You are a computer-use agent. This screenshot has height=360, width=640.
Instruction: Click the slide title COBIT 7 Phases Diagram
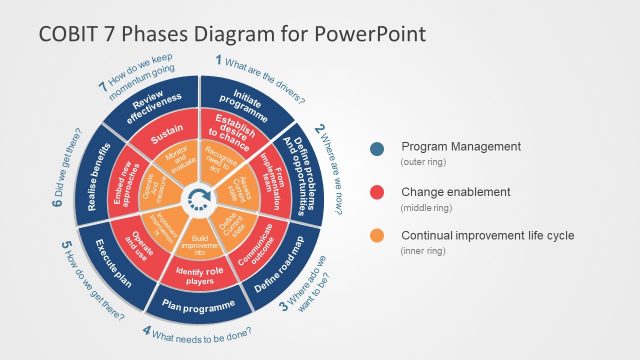[x=232, y=34]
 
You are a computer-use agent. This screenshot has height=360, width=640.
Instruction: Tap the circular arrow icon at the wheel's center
[x=201, y=197]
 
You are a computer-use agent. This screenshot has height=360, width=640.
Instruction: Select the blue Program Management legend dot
[x=376, y=149]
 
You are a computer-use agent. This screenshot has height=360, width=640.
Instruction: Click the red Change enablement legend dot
[x=376, y=192]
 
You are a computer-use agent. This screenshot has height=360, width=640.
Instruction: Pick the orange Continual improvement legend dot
[x=376, y=237]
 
